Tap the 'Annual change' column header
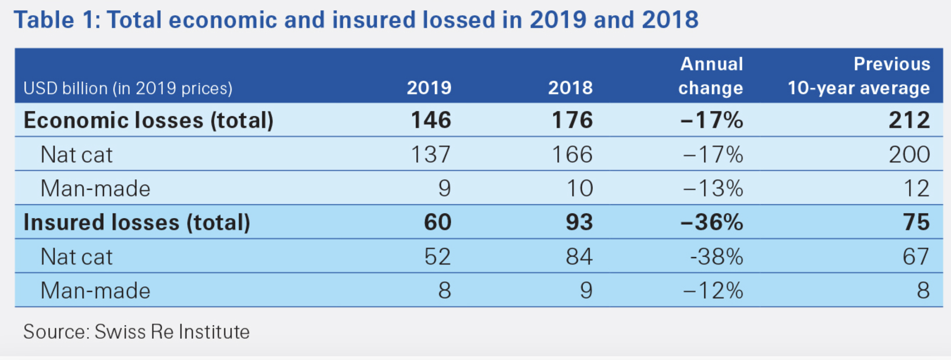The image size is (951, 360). [x=711, y=76]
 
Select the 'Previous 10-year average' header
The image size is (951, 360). [x=859, y=76]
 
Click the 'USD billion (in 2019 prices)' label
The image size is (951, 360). [x=128, y=88]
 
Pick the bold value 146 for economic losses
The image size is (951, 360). [x=431, y=120]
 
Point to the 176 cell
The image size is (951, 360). [x=572, y=120]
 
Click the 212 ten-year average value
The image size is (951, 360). [x=909, y=120]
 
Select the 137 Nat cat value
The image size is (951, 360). [x=431, y=155]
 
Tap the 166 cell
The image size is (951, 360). [x=572, y=155]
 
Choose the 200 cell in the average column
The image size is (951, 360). [x=909, y=155]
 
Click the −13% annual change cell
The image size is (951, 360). [x=712, y=188]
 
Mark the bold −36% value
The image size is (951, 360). [x=712, y=222]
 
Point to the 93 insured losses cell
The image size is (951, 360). [x=579, y=222]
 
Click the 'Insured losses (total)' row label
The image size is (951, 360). [x=137, y=222]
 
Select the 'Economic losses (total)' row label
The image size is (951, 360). [x=148, y=120]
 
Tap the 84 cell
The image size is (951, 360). [x=579, y=256]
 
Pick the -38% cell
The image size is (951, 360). [x=716, y=256]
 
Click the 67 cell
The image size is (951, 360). [x=916, y=256]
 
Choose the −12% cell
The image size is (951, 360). [x=712, y=291]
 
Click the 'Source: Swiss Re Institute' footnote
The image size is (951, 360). [x=136, y=332]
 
